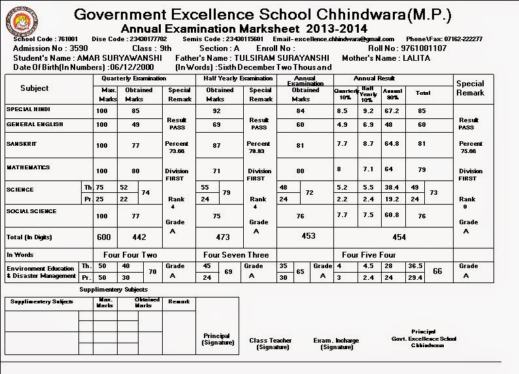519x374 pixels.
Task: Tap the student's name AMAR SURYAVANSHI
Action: (116, 58)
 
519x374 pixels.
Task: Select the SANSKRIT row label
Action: (21, 143)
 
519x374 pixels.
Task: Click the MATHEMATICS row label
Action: (28, 167)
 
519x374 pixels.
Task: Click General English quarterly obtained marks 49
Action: (135, 125)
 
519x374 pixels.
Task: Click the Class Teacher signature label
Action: (271, 343)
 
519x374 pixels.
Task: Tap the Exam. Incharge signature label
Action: (337, 343)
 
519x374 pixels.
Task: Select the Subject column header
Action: (34, 88)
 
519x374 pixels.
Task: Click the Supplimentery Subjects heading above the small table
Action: (113, 289)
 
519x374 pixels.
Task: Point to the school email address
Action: (339, 39)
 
